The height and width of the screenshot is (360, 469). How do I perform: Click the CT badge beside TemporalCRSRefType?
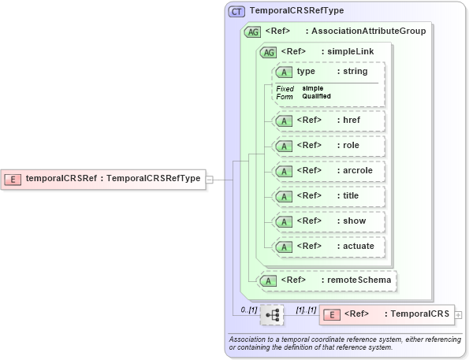(236, 11)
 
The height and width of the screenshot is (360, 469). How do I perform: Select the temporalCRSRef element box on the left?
(103, 179)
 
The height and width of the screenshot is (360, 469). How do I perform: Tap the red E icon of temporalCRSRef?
(13, 179)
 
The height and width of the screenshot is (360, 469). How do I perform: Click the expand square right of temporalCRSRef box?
(209, 179)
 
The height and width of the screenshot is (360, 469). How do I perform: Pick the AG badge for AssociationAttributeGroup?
(253, 32)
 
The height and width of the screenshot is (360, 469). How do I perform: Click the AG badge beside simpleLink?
(269, 52)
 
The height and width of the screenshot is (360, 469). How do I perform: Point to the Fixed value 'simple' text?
(313, 88)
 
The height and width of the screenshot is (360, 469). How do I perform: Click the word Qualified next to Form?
(316, 96)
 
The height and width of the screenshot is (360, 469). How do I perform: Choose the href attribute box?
(328, 121)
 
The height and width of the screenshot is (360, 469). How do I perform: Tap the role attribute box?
(328, 146)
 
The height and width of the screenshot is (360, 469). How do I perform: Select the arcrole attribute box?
(328, 171)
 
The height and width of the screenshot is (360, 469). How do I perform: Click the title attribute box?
(328, 196)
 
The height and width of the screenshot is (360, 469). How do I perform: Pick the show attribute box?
(328, 221)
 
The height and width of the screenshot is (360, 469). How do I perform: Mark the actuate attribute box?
(328, 247)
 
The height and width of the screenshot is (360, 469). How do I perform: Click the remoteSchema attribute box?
(326, 280)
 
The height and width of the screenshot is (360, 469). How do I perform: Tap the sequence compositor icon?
(273, 315)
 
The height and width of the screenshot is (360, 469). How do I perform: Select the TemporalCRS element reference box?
(385, 314)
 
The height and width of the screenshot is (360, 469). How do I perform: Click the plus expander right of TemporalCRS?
(459, 314)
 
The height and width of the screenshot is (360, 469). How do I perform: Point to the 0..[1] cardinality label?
(249, 310)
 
